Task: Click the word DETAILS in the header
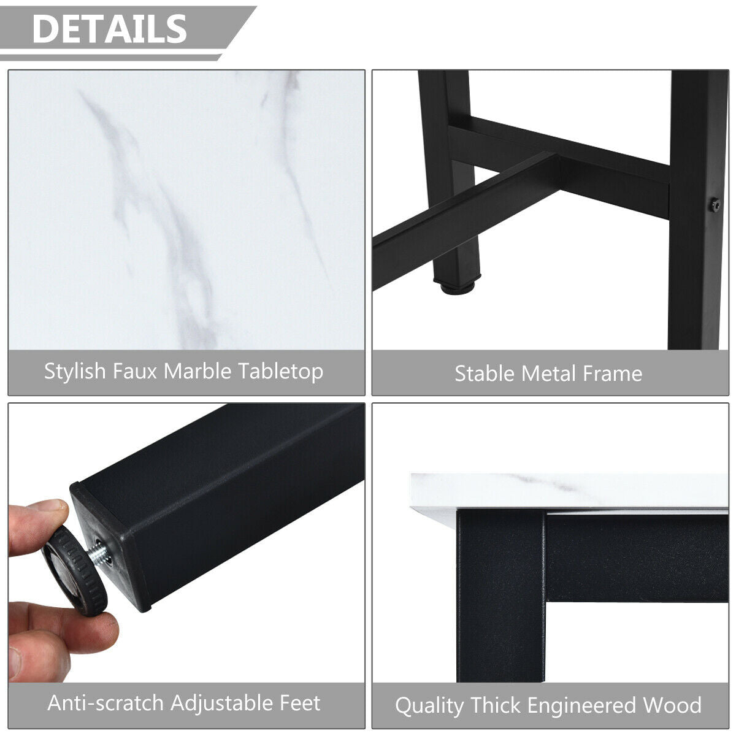pos(110,29)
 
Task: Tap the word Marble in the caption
pos(197,371)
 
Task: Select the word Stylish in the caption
pos(75,372)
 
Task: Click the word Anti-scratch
pos(105,703)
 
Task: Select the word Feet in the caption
pos(300,703)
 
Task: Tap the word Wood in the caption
pos(672,705)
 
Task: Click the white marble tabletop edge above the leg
pos(569,493)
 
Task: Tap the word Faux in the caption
pos(135,371)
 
